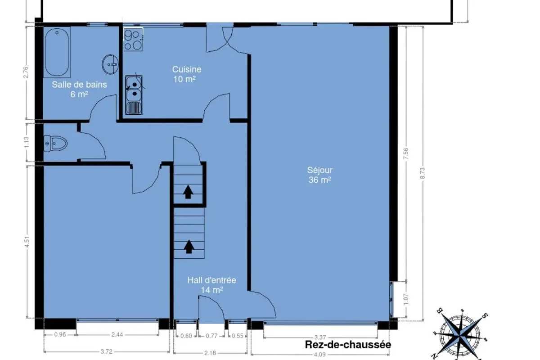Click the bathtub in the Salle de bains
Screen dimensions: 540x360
tap(57, 52)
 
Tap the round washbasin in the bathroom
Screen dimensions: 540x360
tap(110, 64)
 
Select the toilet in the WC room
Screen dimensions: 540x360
tap(55, 144)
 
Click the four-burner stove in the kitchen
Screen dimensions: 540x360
tap(133, 39)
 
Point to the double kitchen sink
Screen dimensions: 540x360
tap(134, 95)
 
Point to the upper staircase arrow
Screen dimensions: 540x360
tap(188, 192)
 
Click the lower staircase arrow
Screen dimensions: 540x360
tap(189, 247)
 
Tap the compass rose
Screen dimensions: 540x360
tap(460, 335)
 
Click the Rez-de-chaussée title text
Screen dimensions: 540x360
tap(348, 345)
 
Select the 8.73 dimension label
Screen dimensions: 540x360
tap(423, 173)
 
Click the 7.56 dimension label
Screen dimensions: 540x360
tap(406, 153)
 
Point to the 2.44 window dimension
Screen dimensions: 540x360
tap(117, 335)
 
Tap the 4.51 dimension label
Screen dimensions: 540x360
tap(27, 242)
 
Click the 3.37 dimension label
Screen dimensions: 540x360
tap(320, 337)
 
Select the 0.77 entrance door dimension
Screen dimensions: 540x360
tap(211, 336)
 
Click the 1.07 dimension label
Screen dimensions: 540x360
tap(406, 299)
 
